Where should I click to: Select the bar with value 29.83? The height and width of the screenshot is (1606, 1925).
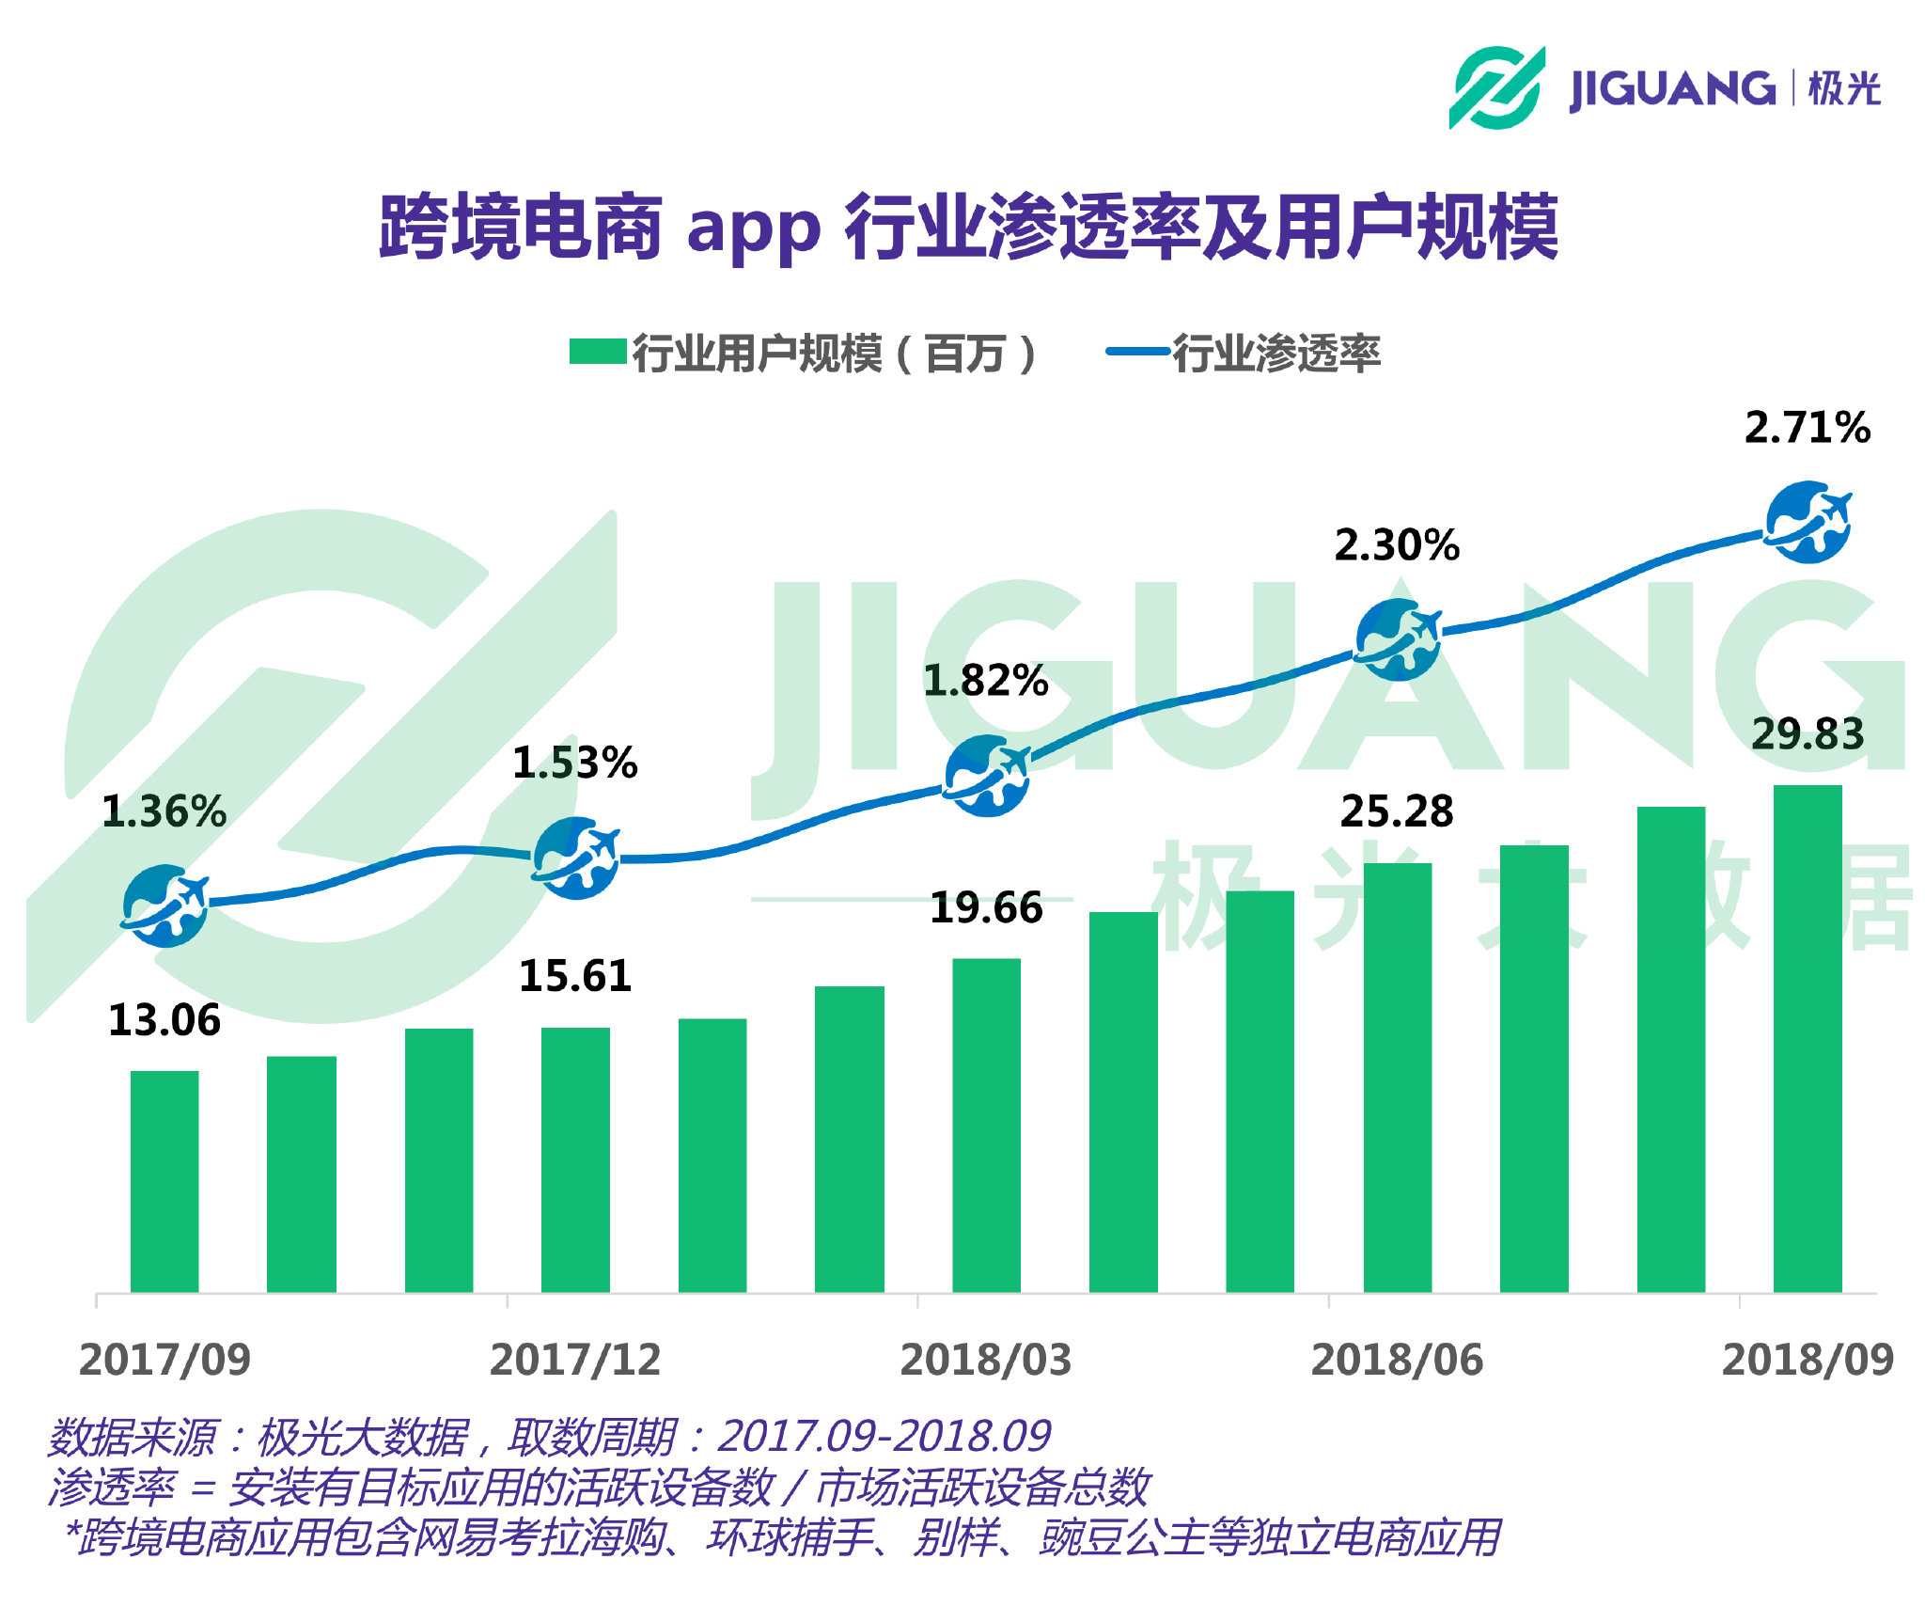click(x=1807, y=1038)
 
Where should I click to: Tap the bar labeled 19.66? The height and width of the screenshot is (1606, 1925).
click(x=986, y=1125)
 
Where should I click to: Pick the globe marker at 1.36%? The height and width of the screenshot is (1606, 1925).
click(x=164, y=905)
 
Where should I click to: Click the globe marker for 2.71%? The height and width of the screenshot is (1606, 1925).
click(x=1807, y=522)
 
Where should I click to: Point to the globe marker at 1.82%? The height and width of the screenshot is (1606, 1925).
click(x=986, y=776)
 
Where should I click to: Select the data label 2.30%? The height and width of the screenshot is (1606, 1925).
click(x=1397, y=545)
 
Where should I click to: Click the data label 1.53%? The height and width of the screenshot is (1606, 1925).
click(x=574, y=763)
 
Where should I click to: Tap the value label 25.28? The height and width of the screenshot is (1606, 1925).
click(x=1397, y=811)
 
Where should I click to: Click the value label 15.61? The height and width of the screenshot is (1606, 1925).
click(x=574, y=976)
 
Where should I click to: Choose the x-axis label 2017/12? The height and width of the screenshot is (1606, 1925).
click(x=574, y=1360)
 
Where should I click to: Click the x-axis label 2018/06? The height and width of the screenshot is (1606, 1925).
click(x=1397, y=1360)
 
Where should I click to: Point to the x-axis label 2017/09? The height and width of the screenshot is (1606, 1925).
click(x=164, y=1360)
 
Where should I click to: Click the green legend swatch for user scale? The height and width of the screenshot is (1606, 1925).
click(x=598, y=352)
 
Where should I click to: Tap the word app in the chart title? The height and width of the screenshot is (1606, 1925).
click(x=753, y=229)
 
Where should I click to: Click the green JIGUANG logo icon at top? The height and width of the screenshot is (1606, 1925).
click(x=1496, y=87)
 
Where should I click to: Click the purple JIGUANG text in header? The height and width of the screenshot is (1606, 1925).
click(x=1672, y=89)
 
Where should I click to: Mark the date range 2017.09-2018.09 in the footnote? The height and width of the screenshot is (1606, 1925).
click(x=884, y=1437)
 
